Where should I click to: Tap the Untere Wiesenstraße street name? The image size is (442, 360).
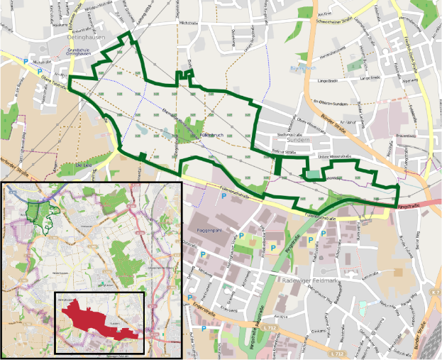[333, 156]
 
